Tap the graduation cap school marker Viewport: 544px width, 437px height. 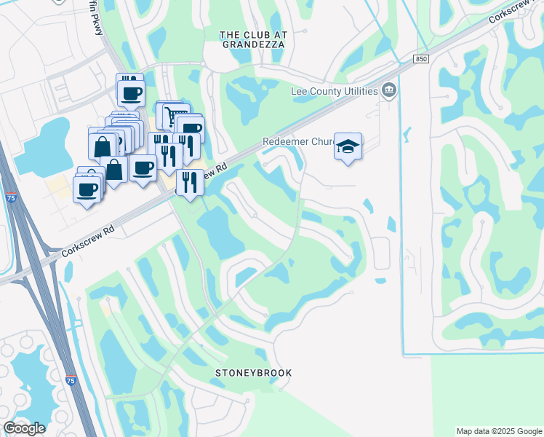coord(348,146)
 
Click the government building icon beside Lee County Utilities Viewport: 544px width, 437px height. coord(390,90)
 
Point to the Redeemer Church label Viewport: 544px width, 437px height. coord(296,142)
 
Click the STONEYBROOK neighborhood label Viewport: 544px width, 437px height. coord(253,373)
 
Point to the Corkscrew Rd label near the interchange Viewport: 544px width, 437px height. coord(88,240)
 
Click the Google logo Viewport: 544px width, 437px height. coord(24,428)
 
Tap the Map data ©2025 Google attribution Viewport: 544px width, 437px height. coord(498,431)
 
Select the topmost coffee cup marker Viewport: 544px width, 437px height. coord(131,92)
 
